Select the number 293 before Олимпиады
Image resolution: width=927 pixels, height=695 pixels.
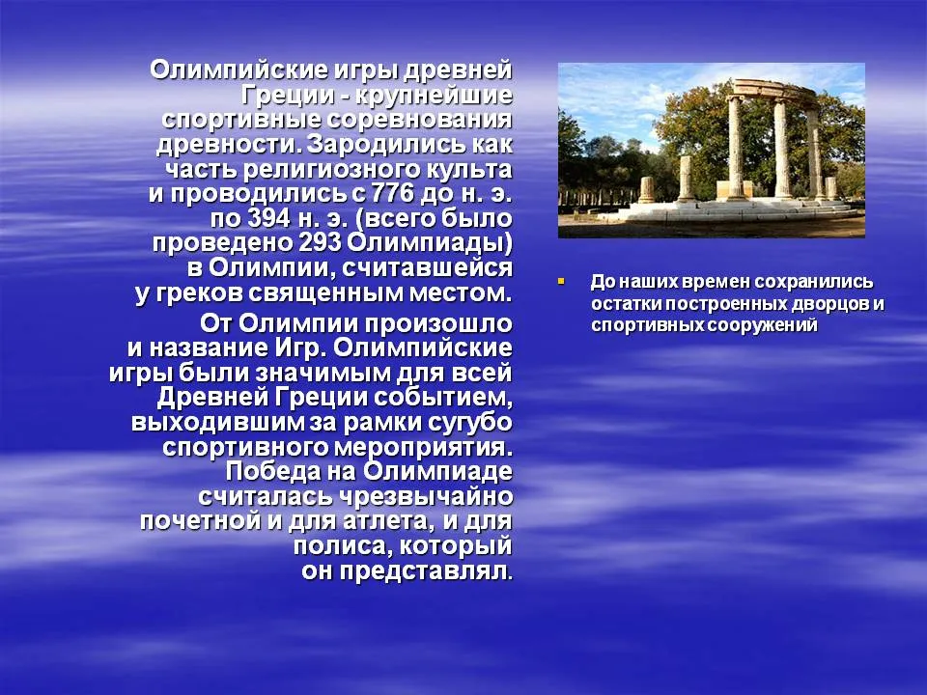321,242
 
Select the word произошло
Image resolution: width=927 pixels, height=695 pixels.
439,323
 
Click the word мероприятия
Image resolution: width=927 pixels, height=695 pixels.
423,447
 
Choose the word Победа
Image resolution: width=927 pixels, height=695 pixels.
273,472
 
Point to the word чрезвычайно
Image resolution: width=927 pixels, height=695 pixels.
426,496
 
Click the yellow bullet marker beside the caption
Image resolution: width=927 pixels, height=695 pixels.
561,281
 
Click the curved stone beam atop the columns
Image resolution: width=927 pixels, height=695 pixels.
774,91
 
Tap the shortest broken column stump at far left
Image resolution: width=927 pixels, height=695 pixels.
646,190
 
